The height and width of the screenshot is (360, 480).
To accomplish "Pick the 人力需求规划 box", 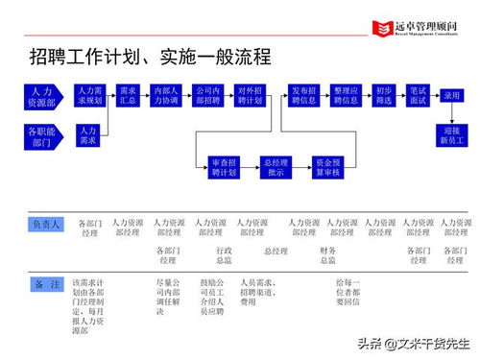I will [x=88, y=96].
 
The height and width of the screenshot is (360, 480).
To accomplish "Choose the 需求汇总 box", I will [x=127, y=96].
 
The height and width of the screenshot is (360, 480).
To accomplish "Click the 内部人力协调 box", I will [x=166, y=96].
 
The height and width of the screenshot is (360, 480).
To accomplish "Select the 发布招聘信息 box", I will [x=303, y=96].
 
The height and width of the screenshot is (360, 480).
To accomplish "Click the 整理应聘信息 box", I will [x=346, y=96].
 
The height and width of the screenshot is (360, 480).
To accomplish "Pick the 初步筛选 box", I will [x=384, y=96].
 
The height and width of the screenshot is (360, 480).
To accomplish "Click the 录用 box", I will [x=452, y=96].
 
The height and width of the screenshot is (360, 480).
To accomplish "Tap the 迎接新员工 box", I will [x=452, y=135].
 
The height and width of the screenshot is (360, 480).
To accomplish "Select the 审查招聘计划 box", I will [x=223, y=167].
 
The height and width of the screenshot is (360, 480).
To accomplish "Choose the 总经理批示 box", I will [x=276, y=167].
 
